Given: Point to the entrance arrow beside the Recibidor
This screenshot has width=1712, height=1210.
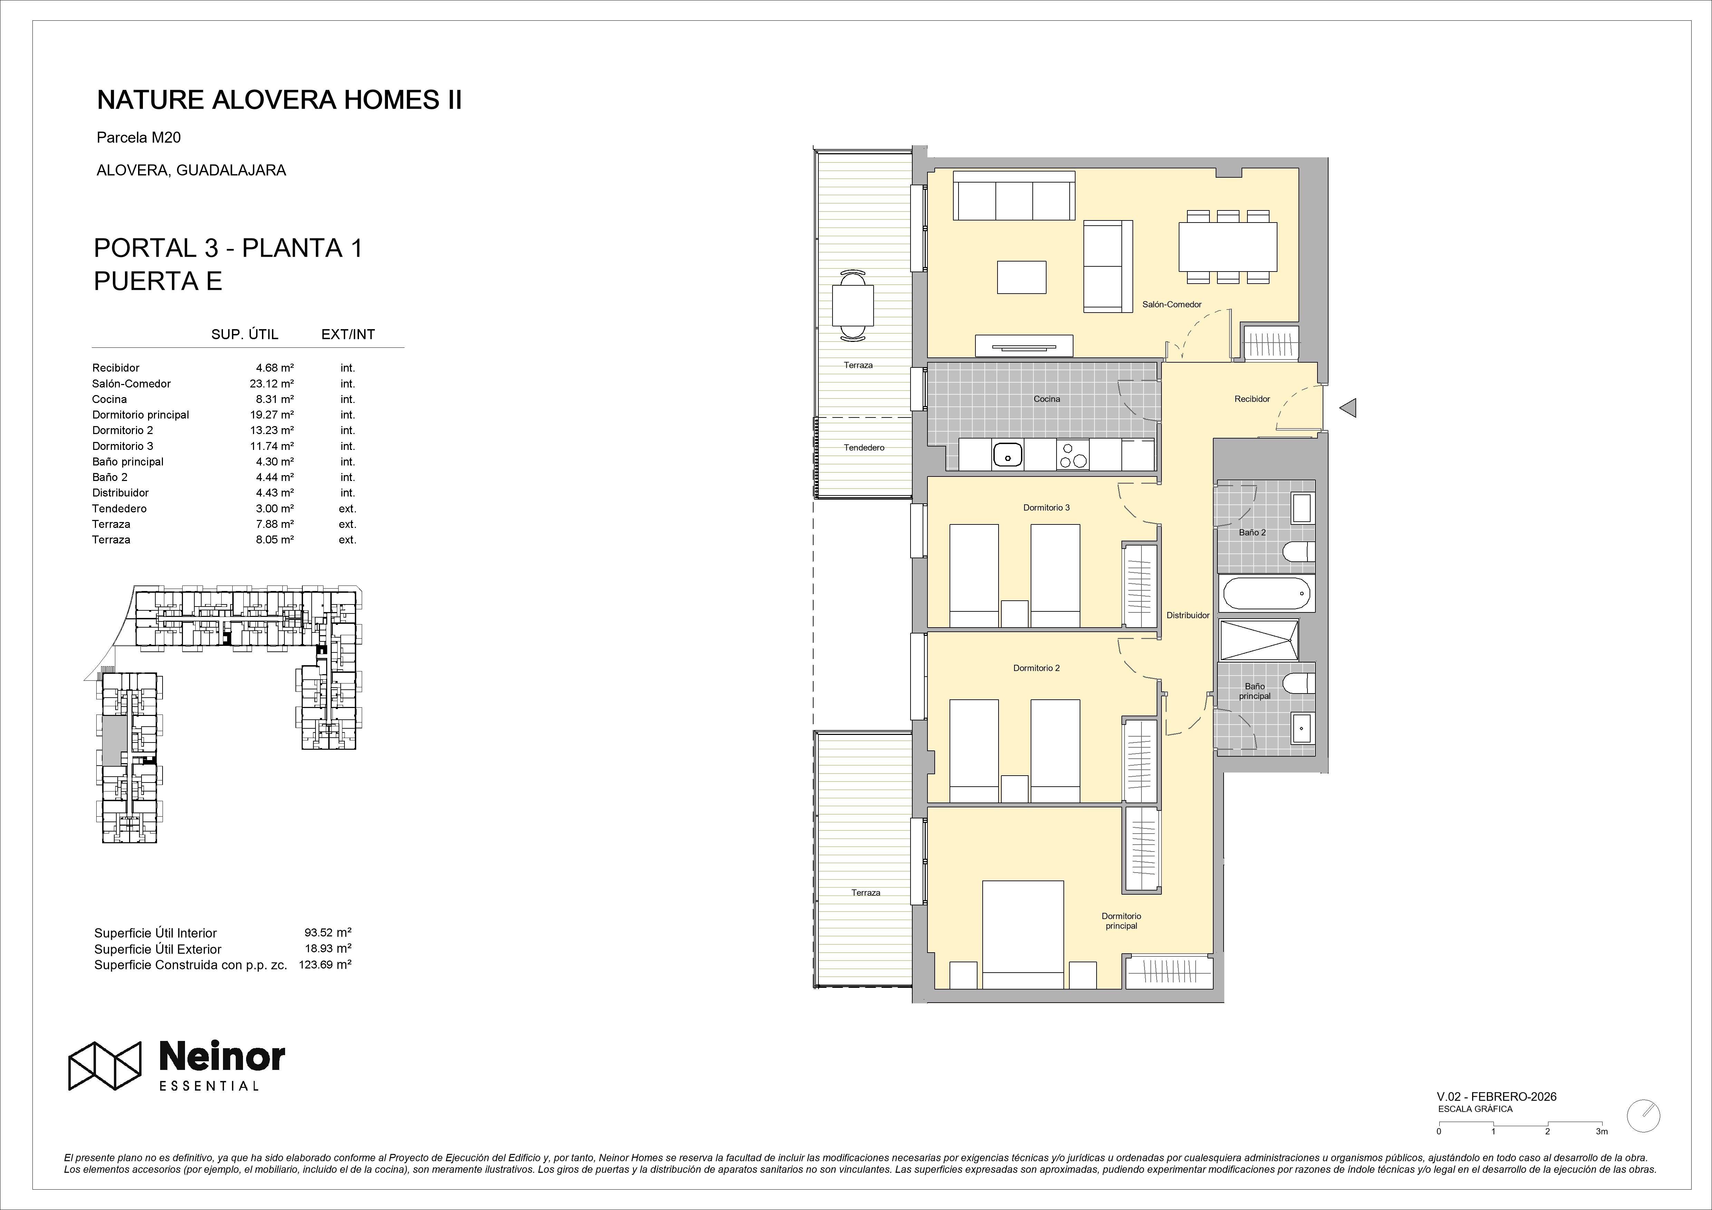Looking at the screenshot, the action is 1348,408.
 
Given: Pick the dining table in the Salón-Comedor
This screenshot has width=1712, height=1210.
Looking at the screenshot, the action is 1227,247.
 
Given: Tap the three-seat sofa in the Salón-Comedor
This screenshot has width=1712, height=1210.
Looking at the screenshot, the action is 1015,195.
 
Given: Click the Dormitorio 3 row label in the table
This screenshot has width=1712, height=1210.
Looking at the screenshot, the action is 123,446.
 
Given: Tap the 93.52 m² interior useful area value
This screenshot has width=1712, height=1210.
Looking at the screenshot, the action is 328,932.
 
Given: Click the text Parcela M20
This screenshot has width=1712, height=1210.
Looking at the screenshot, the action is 139,137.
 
